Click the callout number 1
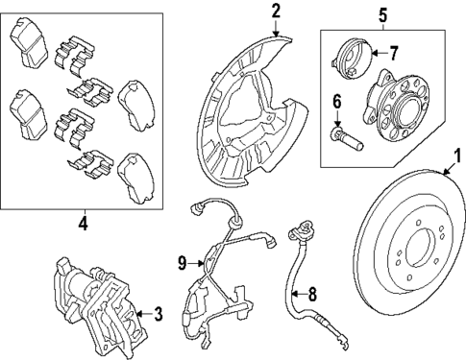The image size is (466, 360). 457,154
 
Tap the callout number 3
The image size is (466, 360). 159,312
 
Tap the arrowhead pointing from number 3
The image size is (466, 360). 136,312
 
